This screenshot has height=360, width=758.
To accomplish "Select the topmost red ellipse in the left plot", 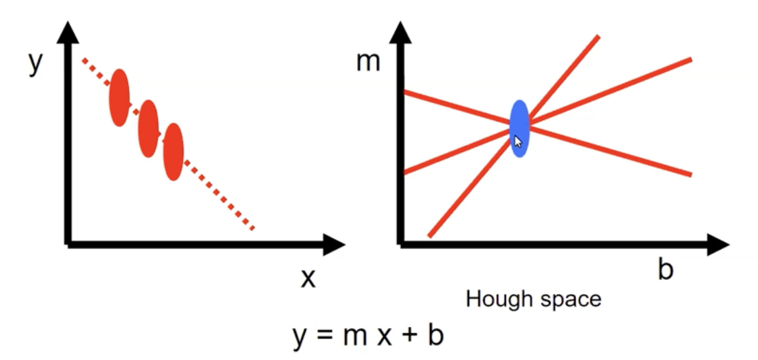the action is pyautogui.click(x=119, y=97).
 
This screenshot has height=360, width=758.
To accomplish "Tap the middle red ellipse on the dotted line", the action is pyautogui.click(x=148, y=129).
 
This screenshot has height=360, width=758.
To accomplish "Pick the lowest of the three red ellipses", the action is pyautogui.click(x=173, y=152).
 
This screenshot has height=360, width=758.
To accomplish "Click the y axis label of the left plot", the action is pyautogui.click(x=35, y=64).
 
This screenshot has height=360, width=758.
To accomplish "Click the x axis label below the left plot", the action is pyautogui.click(x=308, y=278).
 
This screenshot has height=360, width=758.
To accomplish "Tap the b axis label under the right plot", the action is pyautogui.click(x=665, y=270).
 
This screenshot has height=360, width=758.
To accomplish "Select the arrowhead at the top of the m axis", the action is pyautogui.click(x=402, y=33).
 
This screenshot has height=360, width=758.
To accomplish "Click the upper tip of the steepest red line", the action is pyautogui.click(x=598, y=37).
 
